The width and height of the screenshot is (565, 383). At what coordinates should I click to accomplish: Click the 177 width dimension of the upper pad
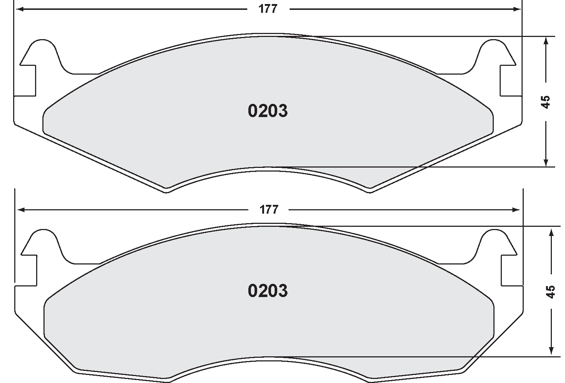[x=268, y=9]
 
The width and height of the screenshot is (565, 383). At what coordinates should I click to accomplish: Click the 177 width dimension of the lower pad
[x=269, y=210]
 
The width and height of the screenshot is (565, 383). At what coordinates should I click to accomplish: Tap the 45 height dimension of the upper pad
[x=545, y=102]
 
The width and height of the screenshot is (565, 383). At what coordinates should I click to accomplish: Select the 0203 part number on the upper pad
[x=268, y=111]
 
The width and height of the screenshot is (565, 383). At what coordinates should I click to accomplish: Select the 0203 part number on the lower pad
[x=268, y=291]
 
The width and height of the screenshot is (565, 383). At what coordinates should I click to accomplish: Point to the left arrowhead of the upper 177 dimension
[x=20, y=9]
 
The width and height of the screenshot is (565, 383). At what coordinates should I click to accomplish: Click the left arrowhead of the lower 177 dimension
[x=21, y=210]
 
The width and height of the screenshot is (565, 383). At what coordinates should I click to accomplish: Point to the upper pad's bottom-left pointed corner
[x=167, y=191]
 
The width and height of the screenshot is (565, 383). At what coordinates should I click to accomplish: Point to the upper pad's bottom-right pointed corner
[x=370, y=191]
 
